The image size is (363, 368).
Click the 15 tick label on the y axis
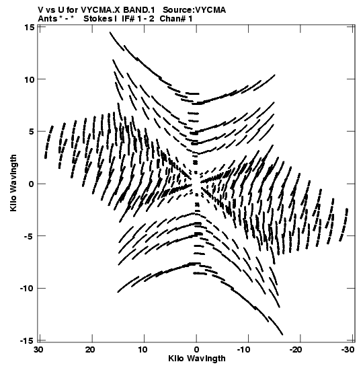click(29, 27)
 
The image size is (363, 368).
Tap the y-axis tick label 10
click(29, 79)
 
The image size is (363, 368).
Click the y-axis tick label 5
click(32, 132)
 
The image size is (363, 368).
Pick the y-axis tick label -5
click(29, 236)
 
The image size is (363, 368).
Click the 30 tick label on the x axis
click(39, 350)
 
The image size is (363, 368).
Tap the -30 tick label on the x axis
click(347, 350)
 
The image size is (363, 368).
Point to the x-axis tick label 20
click(91, 350)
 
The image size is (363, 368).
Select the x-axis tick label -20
click(295, 350)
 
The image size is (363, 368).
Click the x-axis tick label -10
click(243, 350)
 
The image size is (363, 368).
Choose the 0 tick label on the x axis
click(196, 350)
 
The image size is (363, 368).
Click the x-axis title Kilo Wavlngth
click(197, 359)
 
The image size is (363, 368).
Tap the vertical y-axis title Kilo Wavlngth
click(13, 183)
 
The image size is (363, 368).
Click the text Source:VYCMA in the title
click(194, 10)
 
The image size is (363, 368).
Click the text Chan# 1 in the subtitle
click(176, 19)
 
